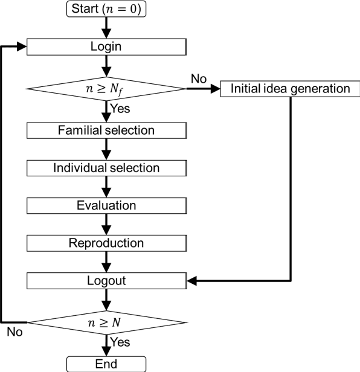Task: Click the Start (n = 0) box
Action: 106,9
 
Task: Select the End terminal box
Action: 106,364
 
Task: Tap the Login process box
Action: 106,46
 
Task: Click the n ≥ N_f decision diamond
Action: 106,88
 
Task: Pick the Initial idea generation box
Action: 291,89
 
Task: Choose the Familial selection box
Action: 106,130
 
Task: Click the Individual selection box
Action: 106,167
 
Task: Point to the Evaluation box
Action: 106,205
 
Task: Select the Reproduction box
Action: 106,243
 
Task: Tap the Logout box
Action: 106,281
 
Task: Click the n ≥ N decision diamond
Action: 106,322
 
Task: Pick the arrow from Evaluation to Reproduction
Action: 106,224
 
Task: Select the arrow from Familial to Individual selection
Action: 106,149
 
